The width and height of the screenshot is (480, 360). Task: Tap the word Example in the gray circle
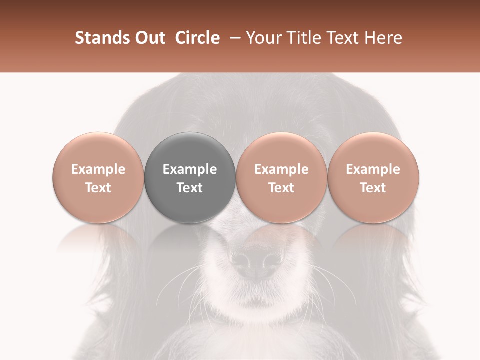point(190,169)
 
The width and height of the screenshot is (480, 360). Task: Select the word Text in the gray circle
point(190,188)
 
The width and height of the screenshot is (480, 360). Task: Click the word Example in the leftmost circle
point(98,169)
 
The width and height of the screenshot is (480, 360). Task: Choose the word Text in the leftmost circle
point(98,188)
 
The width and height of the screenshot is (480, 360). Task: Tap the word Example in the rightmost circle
point(373,169)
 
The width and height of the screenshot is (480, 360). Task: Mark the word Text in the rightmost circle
point(373,188)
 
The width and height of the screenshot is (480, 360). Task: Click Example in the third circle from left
point(281,169)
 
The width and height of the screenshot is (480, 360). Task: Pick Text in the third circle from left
point(281,188)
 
